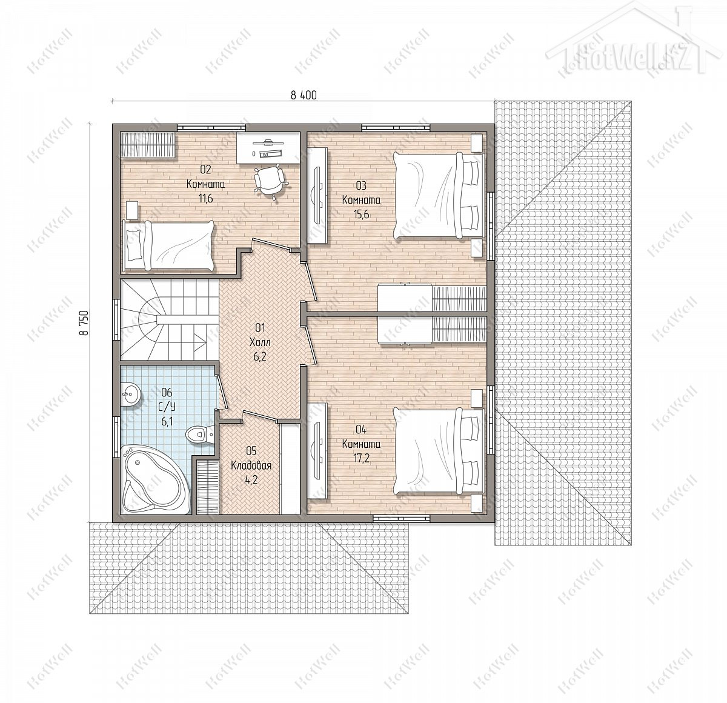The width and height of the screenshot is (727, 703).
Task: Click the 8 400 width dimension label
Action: pyautogui.click(x=304, y=95)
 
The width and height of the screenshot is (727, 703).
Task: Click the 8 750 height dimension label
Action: pyautogui.click(x=85, y=322)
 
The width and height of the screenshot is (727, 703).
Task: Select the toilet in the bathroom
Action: pyautogui.click(x=200, y=435)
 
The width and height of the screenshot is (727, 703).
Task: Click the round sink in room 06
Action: pyautogui.click(x=130, y=395)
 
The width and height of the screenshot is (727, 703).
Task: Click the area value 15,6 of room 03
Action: pyautogui.click(x=360, y=214)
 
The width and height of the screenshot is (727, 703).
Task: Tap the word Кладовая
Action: pyautogui.click(x=251, y=465)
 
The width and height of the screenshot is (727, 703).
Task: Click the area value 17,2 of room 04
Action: pyautogui.click(x=360, y=459)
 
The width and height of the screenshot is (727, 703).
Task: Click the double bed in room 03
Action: pyautogui.click(x=439, y=195)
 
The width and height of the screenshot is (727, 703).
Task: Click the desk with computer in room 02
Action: pyautogui.click(x=268, y=147)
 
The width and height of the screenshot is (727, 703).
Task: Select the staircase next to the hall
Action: pyautogui.click(x=169, y=321)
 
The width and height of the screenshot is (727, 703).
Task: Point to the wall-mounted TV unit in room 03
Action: pyautogui.click(x=317, y=196)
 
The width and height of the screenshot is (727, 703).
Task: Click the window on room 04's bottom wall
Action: pyautogui.click(x=402, y=518)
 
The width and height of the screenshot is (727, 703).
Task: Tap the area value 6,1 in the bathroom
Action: pyautogui.click(x=167, y=422)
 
